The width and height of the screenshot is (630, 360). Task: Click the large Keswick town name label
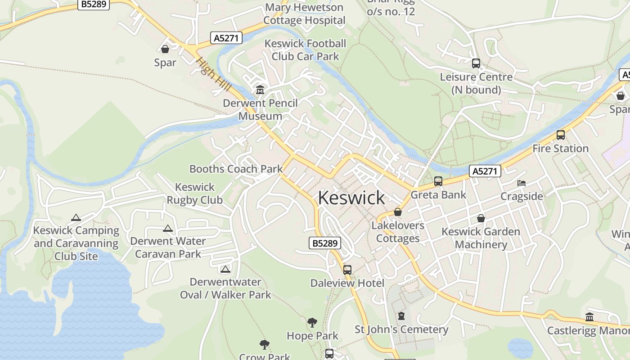[x=351, y=198]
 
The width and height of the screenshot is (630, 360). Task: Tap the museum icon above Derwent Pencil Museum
[x=260, y=90]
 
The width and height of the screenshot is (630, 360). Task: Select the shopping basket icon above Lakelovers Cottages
[x=398, y=212]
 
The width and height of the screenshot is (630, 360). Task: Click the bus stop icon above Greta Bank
[x=438, y=181]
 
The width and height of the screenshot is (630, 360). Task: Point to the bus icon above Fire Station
[x=560, y=135]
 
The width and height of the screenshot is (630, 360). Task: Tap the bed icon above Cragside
[x=522, y=183]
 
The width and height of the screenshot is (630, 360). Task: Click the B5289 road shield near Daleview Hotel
[x=325, y=243]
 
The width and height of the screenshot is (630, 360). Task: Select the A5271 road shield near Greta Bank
[x=485, y=171]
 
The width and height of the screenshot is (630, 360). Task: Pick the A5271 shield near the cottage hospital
[x=226, y=38]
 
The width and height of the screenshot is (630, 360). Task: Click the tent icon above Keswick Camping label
[x=76, y=218]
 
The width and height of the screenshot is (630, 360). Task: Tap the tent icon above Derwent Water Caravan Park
[x=168, y=229]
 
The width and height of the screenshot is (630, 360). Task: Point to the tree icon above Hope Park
[x=312, y=323]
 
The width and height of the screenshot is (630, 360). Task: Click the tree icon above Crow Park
[x=265, y=345]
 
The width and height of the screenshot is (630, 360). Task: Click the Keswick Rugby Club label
[x=195, y=193]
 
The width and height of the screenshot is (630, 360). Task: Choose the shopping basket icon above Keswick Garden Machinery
[x=481, y=219]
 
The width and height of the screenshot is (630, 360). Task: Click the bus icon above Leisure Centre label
[x=476, y=63]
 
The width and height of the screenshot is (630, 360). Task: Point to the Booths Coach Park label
[x=236, y=169]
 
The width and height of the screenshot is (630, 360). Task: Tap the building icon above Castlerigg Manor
[x=589, y=317]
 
